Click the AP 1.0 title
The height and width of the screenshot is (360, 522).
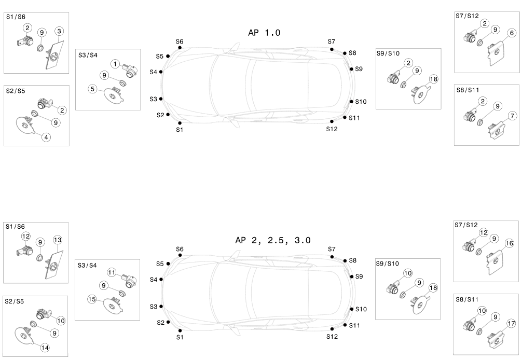tap(264, 33)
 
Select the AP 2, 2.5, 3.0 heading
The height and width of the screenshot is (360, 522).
tap(273, 240)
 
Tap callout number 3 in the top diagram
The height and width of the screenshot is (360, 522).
tap(59, 31)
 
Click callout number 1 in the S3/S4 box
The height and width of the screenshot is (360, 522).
tap(115, 64)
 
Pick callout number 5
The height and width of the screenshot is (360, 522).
tap(93, 89)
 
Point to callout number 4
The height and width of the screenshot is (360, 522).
tap(46, 137)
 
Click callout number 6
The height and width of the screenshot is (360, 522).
tap(512, 33)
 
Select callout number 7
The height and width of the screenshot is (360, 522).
tap(512, 116)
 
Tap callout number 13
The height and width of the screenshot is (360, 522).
tap(58, 240)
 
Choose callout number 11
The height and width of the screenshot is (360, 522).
tap(112, 272)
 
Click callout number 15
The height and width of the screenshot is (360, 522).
tap(92, 299)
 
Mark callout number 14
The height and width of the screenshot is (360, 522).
tap(45, 348)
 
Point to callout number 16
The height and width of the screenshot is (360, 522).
tap(510, 243)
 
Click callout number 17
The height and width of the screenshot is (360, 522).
tap(511, 323)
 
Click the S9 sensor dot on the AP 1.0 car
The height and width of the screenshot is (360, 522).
tap(352, 69)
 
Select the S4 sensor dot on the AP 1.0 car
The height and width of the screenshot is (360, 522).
tap(161, 72)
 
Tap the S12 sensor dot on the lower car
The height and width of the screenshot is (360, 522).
tap(332, 329)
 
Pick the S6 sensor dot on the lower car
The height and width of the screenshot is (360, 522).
tap(180, 255)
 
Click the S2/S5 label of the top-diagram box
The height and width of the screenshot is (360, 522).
tap(16, 91)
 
